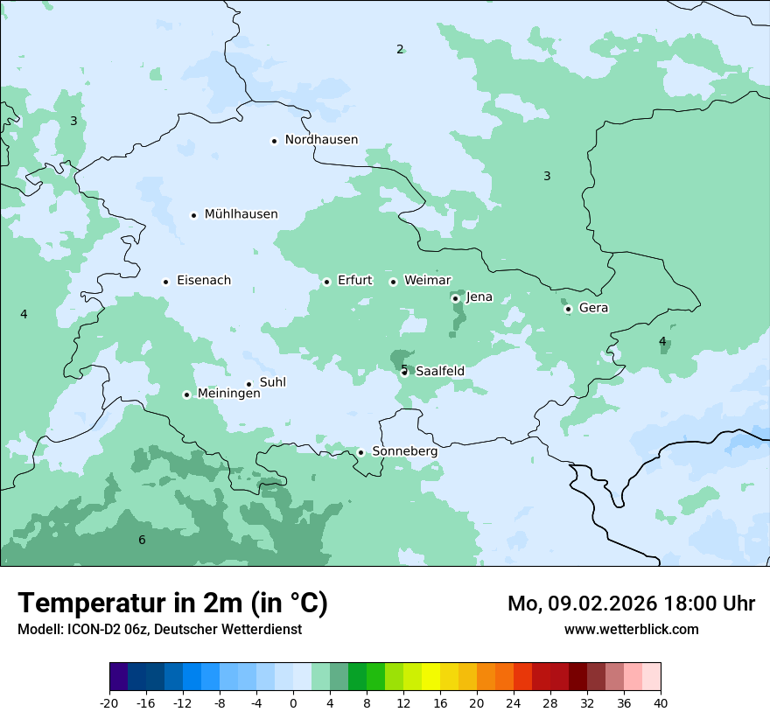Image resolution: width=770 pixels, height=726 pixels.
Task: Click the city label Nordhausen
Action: tap(321, 140)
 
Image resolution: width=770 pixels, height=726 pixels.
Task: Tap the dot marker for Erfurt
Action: tap(326, 282)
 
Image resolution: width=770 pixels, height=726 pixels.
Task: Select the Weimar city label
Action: tap(427, 281)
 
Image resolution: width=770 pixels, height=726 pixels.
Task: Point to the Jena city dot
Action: tap(455, 298)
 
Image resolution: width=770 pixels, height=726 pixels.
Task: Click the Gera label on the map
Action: tap(593, 308)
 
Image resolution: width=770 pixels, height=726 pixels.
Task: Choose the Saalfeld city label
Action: tap(439, 372)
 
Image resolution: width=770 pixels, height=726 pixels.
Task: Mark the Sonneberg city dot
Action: tap(360, 452)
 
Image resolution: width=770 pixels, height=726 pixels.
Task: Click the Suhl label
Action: tap(272, 383)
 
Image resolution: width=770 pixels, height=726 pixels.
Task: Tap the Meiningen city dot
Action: tap(186, 394)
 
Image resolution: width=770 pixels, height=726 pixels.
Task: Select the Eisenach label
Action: tap(204, 281)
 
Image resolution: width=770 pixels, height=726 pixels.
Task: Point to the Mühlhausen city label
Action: tap(241, 214)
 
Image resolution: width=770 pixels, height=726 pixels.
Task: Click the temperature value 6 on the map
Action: tap(142, 541)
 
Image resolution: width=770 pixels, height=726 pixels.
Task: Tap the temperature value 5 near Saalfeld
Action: tap(403, 368)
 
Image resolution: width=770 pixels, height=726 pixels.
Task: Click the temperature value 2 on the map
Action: tap(400, 49)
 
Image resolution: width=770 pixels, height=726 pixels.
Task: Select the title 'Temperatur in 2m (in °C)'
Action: tap(172, 604)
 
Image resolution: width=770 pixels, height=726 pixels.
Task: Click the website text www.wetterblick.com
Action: tap(631, 630)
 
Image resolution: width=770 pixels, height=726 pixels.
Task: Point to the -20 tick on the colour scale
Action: tap(109, 702)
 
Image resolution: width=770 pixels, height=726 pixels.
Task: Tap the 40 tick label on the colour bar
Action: tap(660, 702)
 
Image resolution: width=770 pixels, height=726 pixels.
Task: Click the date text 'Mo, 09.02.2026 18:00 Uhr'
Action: tap(631, 604)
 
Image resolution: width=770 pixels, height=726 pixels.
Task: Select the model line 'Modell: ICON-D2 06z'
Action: tap(159, 630)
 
